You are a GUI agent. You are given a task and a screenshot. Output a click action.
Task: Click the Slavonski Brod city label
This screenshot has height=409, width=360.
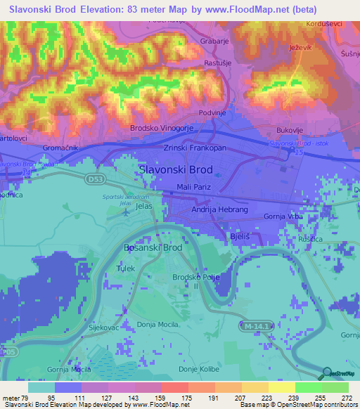coord(176,170)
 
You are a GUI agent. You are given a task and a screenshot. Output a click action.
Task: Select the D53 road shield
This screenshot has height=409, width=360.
coord(96,180)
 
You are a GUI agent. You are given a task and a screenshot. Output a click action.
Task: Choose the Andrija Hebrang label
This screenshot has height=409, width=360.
coord(217,209)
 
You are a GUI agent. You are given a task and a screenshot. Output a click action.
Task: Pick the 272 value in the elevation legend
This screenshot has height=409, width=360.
coord(347,398)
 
